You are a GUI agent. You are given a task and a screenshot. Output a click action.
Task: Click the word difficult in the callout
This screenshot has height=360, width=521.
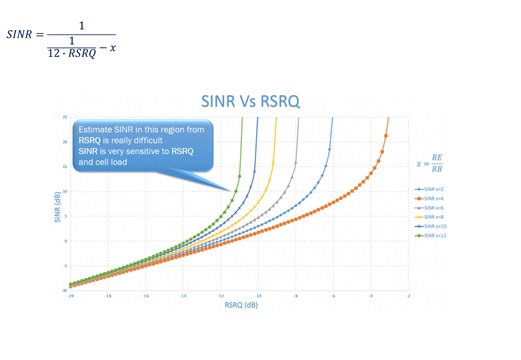(x=143, y=140)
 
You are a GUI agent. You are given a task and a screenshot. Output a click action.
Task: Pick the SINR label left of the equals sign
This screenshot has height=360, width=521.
(x=19, y=35)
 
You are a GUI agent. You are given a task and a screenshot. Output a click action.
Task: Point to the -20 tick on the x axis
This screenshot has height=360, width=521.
(x=70, y=297)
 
